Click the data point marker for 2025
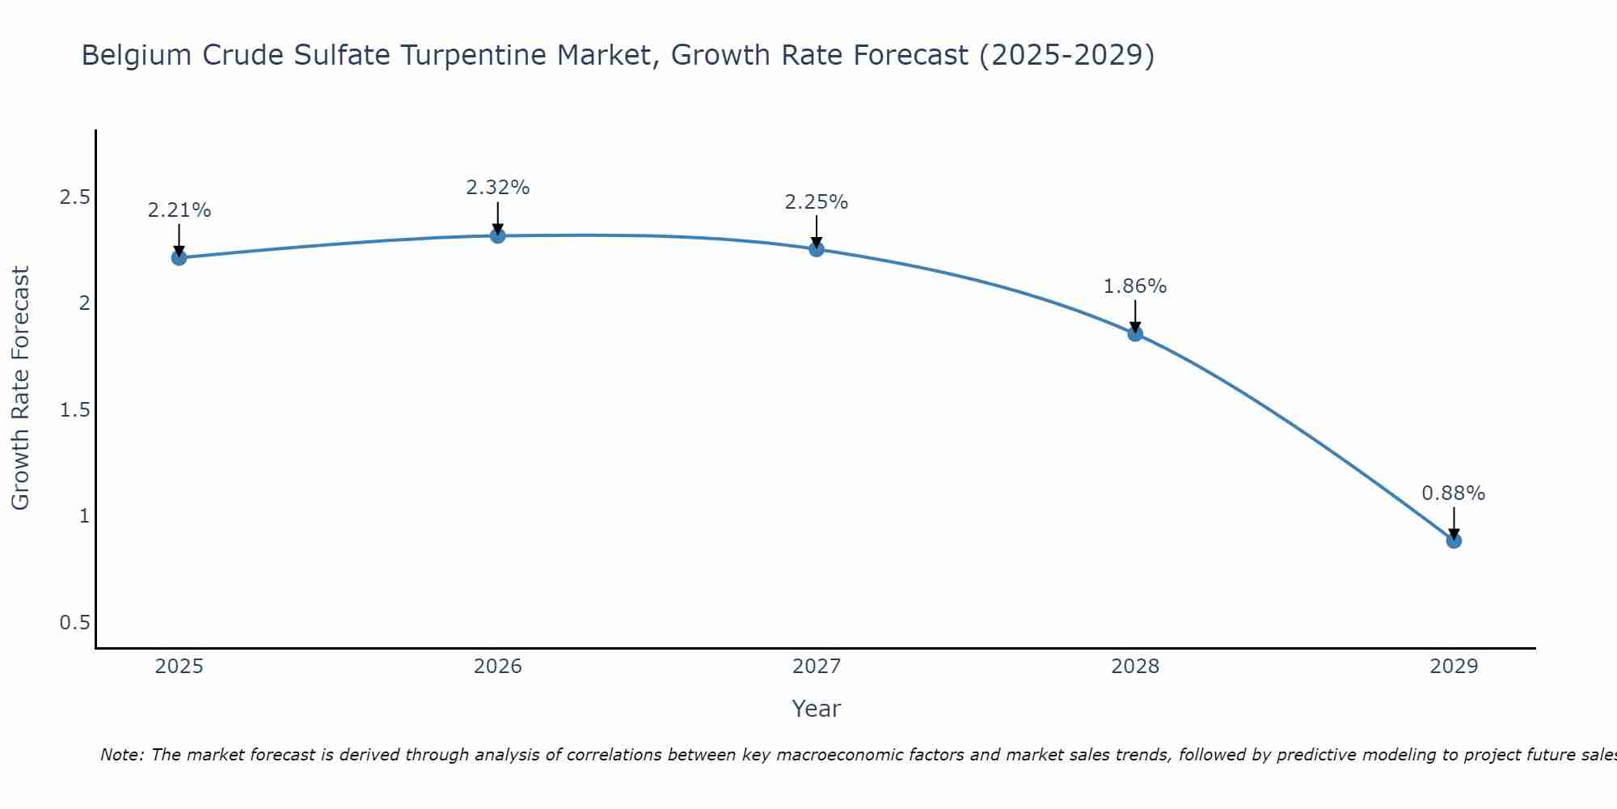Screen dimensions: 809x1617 179,258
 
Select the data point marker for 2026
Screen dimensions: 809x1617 498,235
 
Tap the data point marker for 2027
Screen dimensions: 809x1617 817,249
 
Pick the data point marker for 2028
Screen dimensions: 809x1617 1135,333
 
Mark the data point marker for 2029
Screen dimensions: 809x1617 1454,540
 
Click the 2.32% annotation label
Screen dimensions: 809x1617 498,188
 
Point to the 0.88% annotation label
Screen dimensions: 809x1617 1454,493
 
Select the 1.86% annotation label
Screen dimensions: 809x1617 1135,286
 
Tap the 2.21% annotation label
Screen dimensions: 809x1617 179,210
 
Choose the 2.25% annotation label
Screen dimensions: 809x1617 817,202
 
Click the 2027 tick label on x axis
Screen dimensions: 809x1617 817,667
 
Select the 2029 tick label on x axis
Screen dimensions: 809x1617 1454,667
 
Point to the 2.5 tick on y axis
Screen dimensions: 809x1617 74,197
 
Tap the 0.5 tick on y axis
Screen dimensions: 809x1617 74,623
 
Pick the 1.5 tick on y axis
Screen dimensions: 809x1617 74,410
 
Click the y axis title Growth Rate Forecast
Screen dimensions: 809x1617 21,388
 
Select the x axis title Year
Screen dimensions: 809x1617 817,709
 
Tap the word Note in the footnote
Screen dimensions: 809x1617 121,755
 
